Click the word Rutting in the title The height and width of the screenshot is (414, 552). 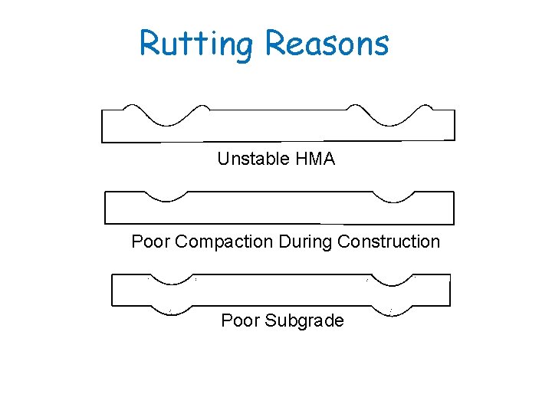tap(195, 44)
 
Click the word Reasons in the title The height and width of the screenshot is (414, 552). tap(327, 44)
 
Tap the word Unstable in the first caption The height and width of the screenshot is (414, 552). tap(250, 159)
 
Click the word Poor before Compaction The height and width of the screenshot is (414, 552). tap(150, 242)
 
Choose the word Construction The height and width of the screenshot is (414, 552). tap(389, 242)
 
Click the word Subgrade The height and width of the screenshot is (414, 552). tap(304, 320)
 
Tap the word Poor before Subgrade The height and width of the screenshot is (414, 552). tap(240, 320)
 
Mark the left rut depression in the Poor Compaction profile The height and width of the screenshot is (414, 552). tap(169, 199)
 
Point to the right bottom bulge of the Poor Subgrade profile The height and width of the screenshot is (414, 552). tap(391, 311)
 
